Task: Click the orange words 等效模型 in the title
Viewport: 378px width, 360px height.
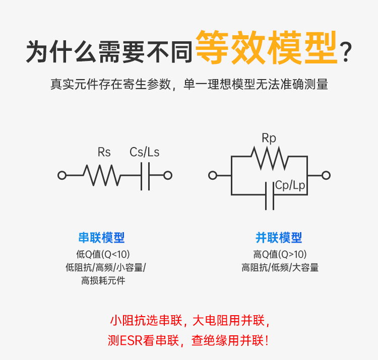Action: pyautogui.click(x=266, y=48)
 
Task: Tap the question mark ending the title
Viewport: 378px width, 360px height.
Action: pyautogui.click(x=346, y=52)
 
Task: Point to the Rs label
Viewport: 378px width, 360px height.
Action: pyautogui.click(x=104, y=152)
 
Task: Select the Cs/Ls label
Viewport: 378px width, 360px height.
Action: pyautogui.click(x=144, y=152)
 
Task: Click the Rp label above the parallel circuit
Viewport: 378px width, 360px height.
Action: pyautogui.click(x=269, y=138)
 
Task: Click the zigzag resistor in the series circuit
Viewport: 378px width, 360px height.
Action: pyautogui.click(x=102, y=175)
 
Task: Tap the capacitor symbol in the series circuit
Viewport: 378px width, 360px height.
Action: pyautogui.click(x=145, y=175)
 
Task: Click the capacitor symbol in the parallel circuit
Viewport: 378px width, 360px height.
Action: pyautogui.click(x=270, y=194)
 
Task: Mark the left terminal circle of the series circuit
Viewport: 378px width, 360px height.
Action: pyautogui.click(x=62, y=175)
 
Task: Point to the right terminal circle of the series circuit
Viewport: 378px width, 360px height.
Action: pyautogui.click(x=168, y=175)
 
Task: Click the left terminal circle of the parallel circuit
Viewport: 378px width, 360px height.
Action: pyautogui.click(x=213, y=175)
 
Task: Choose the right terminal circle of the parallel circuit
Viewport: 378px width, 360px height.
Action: pyautogui.click(x=326, y=175)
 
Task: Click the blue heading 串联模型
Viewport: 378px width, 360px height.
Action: pyautogui.click(x=102, y=238)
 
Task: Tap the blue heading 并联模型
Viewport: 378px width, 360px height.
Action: pyautogui.click(x=279, y=238)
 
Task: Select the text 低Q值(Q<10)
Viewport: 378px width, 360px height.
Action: pyautogui.click(x=103, y=254)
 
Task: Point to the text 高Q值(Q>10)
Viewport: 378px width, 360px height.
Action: pyautogui.click(x=280, y=254)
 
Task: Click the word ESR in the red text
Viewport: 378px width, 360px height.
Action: pyautogui.click(x=131, y=341)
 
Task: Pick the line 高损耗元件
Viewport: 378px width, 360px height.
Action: pyautogui.click(x=103, y=280)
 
